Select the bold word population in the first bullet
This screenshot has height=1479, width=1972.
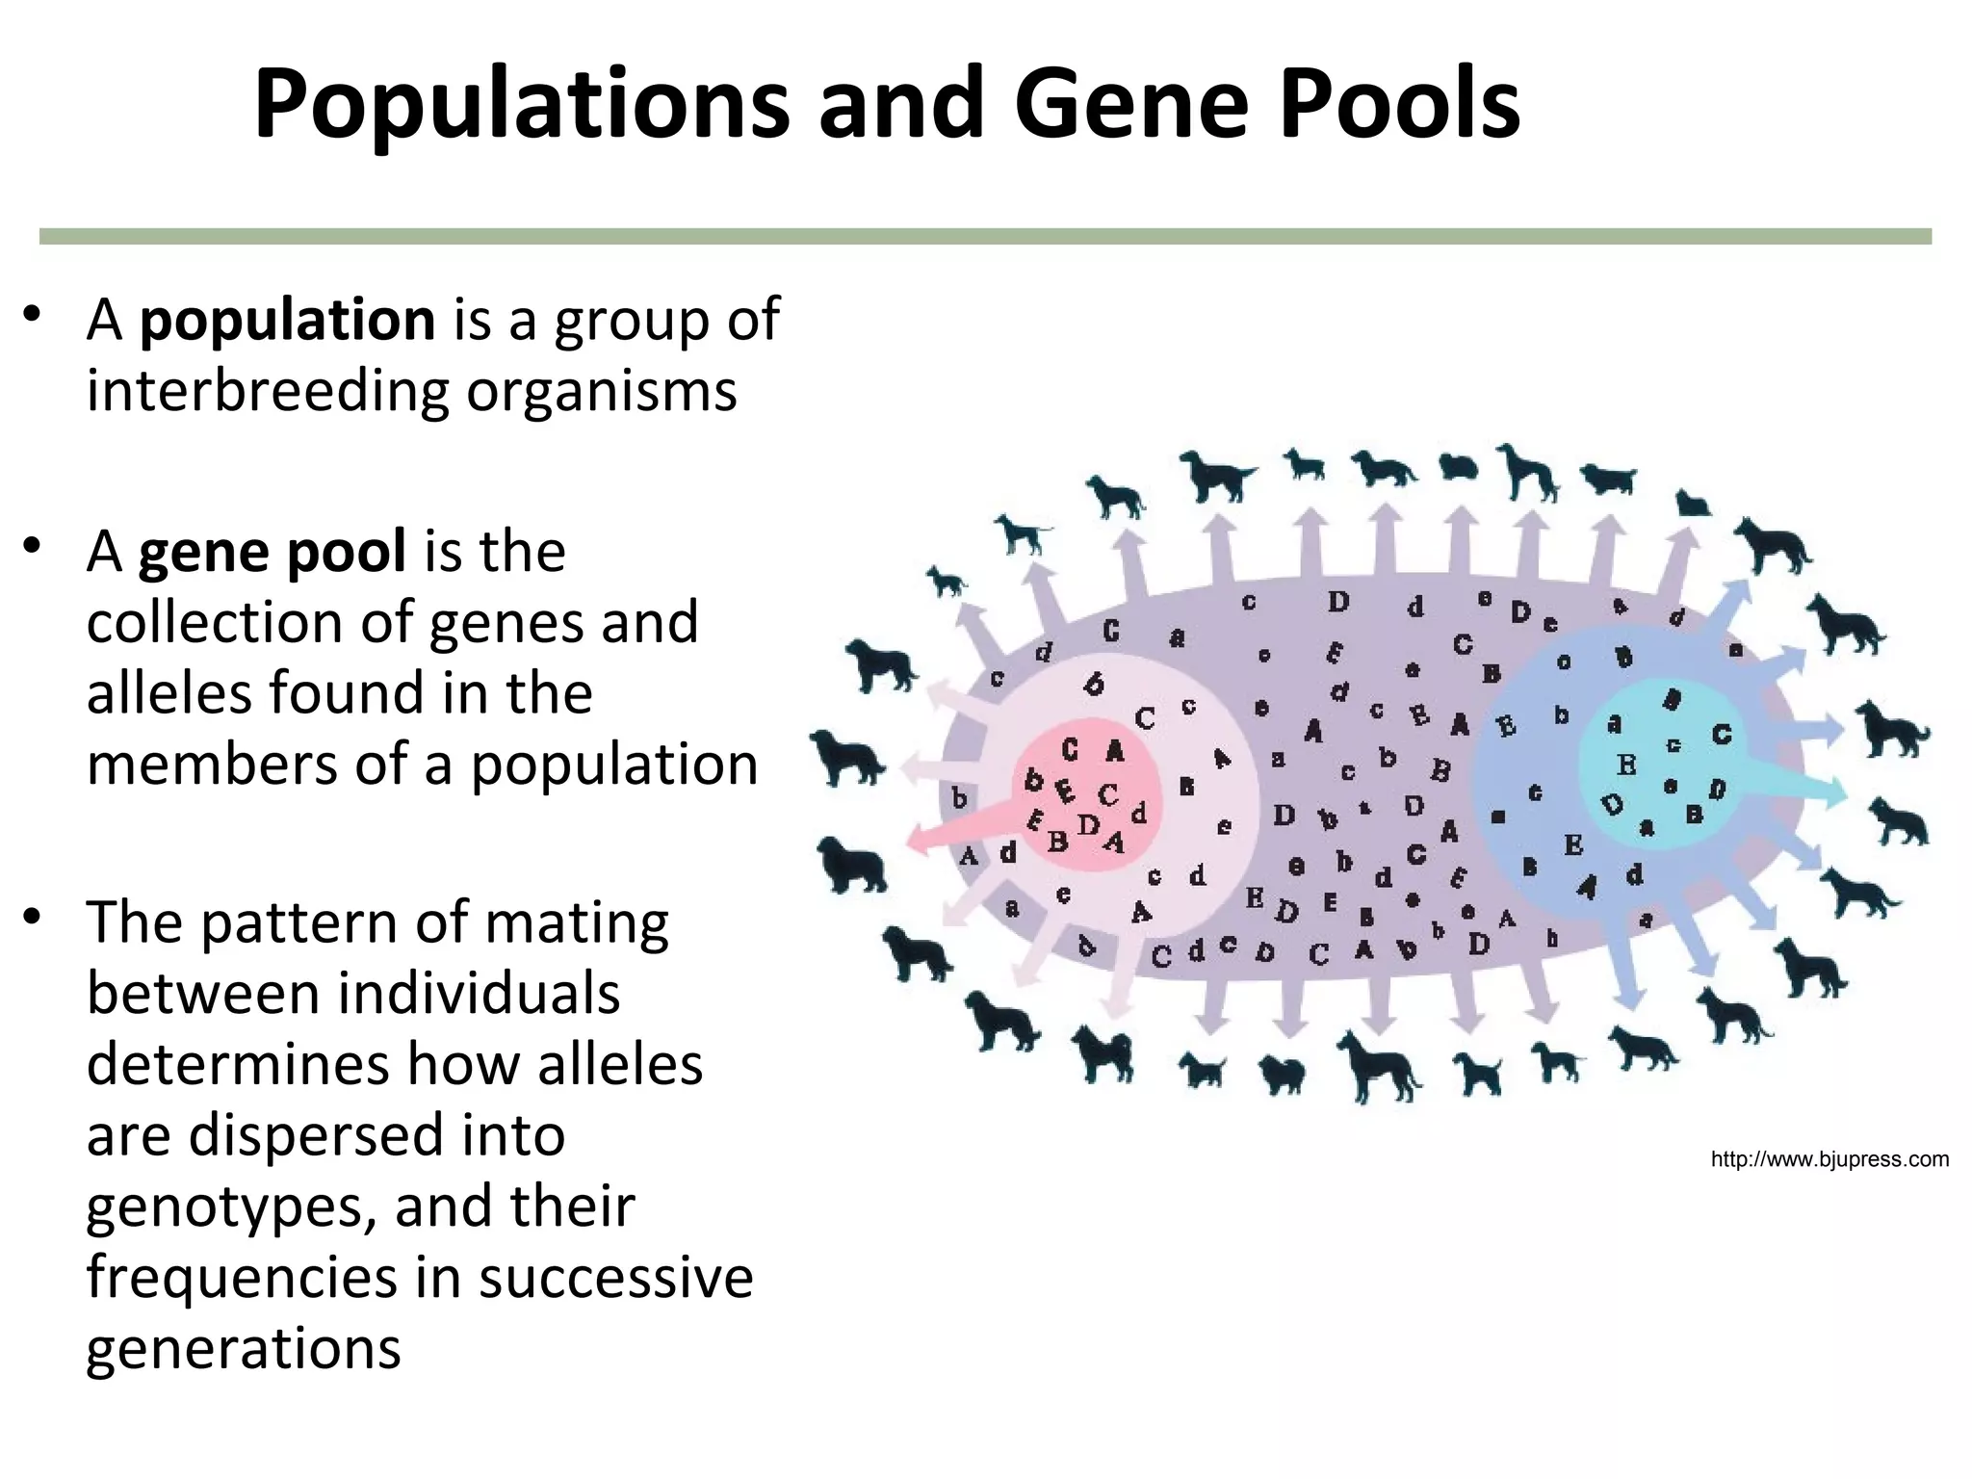pos(287,320)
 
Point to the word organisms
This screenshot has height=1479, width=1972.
pos(602,393)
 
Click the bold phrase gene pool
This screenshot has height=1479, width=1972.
pos(272,552)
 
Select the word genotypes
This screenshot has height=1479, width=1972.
pos(230,1207)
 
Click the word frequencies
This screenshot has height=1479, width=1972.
pos(241,1278)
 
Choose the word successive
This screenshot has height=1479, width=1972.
pos(616,1278)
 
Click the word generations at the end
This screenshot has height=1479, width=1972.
pos(243,1348)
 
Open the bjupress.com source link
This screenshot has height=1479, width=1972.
pos(1829,1159)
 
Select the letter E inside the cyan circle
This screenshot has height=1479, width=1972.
pos(1626,765)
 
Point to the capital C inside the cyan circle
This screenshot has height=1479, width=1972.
pos(1722,735)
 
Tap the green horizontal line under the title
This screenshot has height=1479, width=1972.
pos(985,236)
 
